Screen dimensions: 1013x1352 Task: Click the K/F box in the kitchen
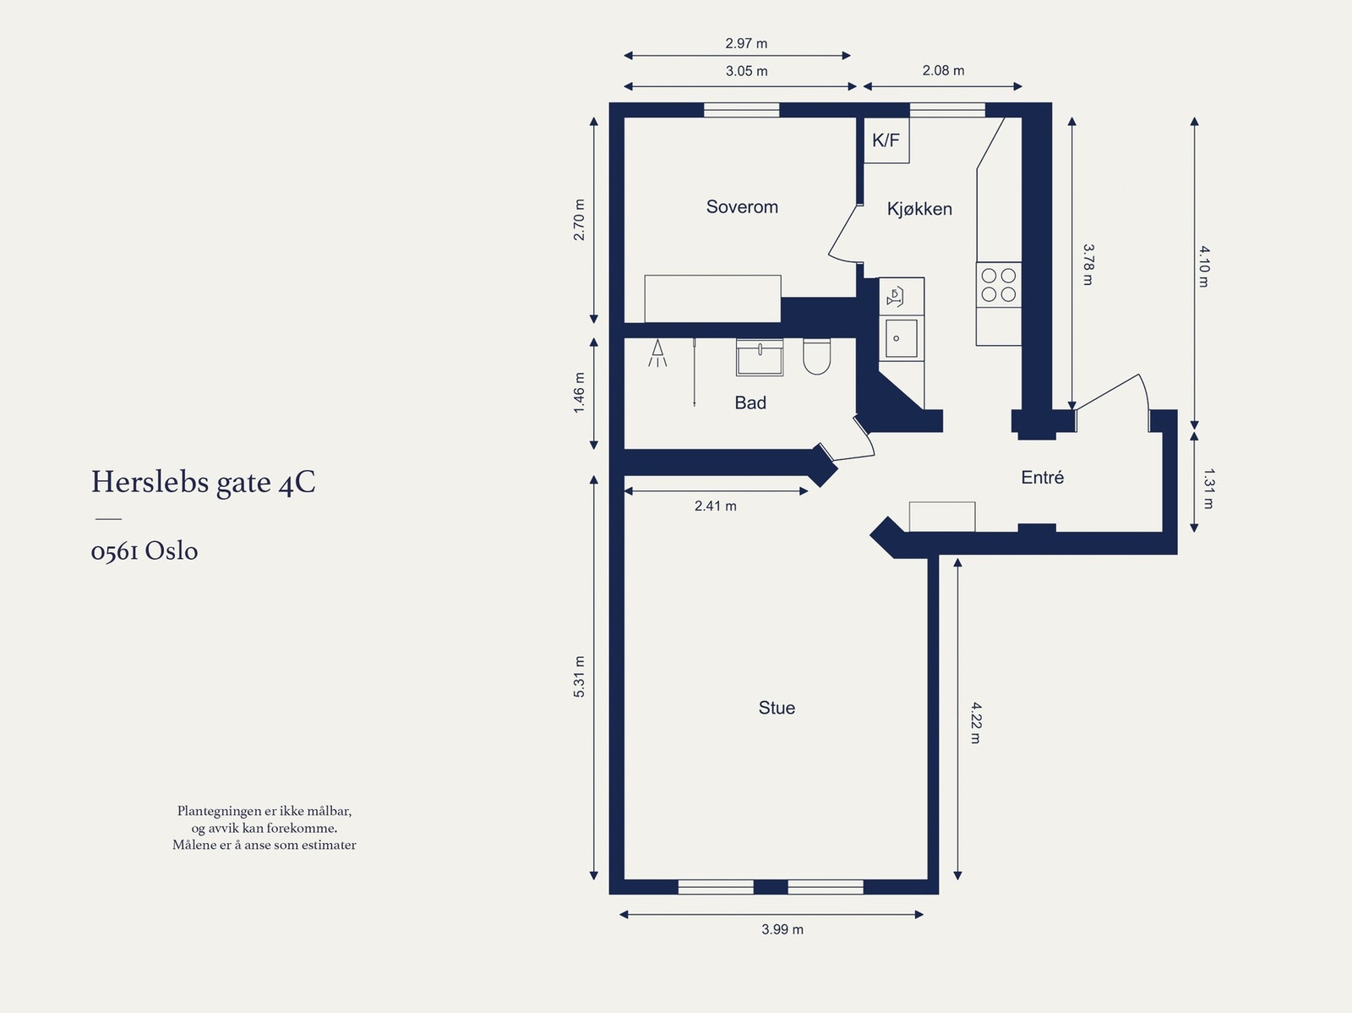coord(886,140)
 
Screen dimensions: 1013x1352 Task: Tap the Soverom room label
coord(742,207)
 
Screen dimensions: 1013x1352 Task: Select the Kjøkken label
coord(919,209)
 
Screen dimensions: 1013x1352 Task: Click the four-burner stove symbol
coord(999,285)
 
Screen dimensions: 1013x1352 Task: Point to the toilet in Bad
coord(816,357)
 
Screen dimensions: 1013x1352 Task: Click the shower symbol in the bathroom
coord(657,353)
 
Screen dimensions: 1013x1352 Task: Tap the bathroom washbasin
coord(760,358)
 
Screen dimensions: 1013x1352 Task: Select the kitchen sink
coord(902,338)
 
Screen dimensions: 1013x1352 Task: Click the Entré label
coord(1042,478)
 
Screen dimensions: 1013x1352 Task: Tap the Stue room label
coord(777,708)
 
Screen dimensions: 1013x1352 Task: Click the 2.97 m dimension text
coord(746,43)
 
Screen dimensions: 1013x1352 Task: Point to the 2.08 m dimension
coord(943,71)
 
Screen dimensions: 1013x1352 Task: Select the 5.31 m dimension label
coord(579,676)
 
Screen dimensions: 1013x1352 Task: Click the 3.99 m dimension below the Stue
coord(782,929)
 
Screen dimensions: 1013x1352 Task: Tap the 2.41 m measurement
coord(716,506)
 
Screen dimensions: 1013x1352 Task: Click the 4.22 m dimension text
coord(975,722)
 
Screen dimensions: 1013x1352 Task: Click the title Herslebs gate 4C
coord(204,482)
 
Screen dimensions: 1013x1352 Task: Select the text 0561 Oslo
coord(144,551)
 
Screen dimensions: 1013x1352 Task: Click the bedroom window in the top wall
coord(742,110)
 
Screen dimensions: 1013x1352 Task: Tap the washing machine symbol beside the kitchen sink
coord(896,297)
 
